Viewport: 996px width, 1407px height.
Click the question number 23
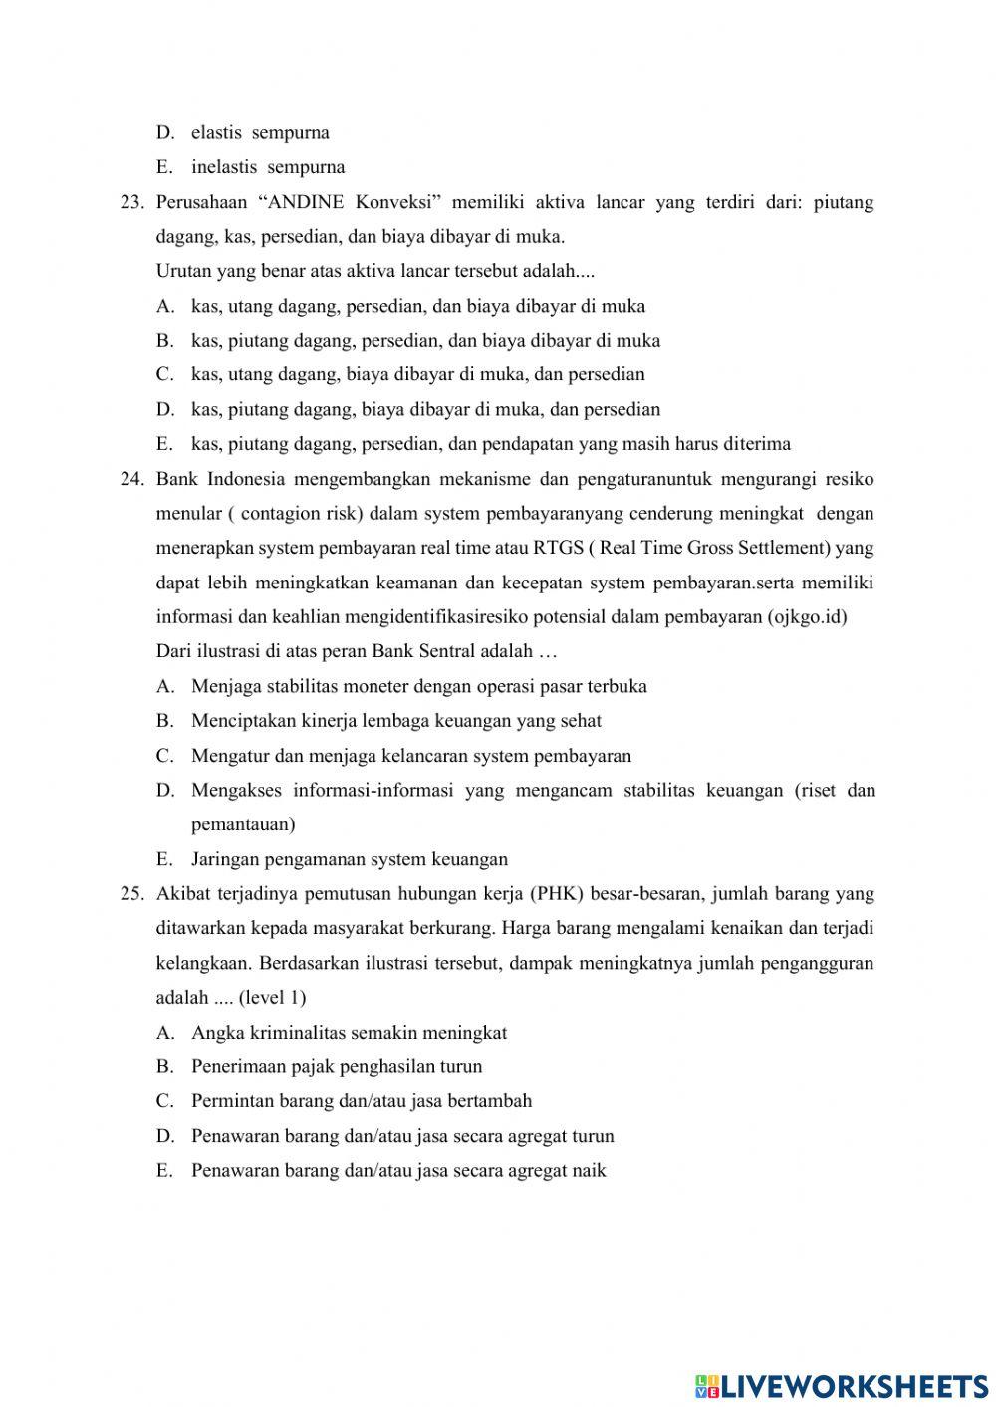[x=132, y=203]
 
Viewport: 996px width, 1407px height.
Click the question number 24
[x=132, y=479]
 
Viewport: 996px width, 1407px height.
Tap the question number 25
[x=132, y=894]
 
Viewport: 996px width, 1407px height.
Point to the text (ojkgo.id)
[x=807, y=617]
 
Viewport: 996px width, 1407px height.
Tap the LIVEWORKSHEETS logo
[x=842, y=1385]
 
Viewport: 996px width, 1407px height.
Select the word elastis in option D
[x=216, y=133]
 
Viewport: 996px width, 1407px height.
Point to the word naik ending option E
[x=589, y=1171]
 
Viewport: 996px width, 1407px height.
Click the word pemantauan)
[x=243, y=824]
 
